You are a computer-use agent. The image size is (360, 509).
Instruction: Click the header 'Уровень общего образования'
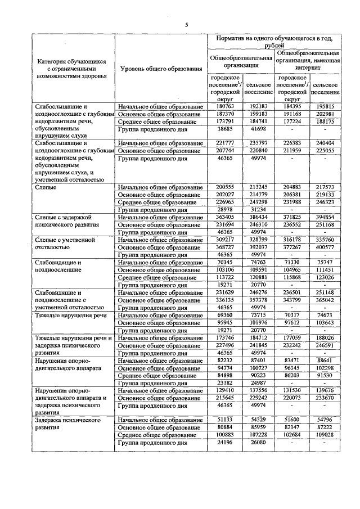(161, 69)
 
